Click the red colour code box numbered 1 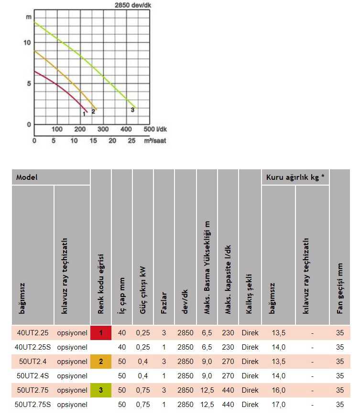pyautogui.click(x=101, y=332)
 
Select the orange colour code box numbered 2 pyautogui.click(x=101, y=362)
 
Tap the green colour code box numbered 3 pyautogui.click(x=101, y=390)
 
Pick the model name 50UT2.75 pyautogui.click(x=33, y=390)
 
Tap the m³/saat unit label pyautogui.click(x=155, y=141)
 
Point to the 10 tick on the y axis pyautogui.click(x=27, y=43)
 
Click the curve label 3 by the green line pyautogui.click(x=132, y=110)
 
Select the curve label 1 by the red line pyautogui.click(x=84, y=113)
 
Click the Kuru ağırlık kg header pyautogui.click(x=295, y=177)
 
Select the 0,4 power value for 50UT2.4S pyautogui.click(x=143, y=376)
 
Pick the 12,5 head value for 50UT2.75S pyautogui.click(x=207, y=405)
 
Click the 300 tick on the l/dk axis pyautogui.click(x=103, y=129)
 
